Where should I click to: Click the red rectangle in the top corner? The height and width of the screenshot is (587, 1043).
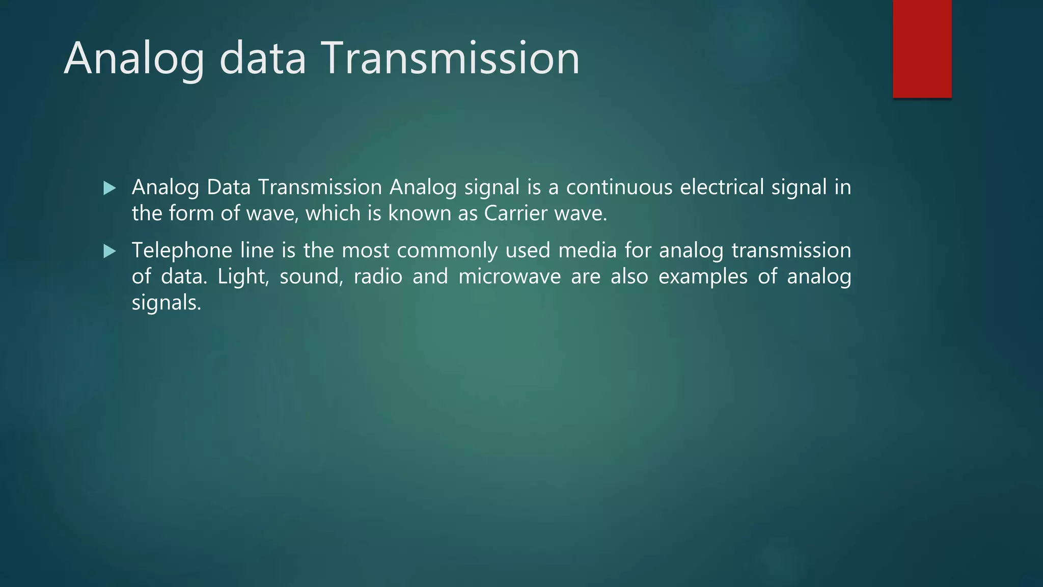[922, 49]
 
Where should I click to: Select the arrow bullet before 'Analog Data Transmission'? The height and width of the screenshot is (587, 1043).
[109, 189]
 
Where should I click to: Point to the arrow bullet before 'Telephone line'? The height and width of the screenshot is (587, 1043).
[109, 251]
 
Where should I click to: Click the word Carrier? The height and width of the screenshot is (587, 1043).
[515, 214]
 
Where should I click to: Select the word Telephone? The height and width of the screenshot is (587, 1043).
[182, 251]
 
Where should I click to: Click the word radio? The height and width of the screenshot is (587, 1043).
[378, 277]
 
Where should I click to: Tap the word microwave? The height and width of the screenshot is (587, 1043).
[509, 277]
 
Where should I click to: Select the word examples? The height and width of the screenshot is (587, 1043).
[703, 277]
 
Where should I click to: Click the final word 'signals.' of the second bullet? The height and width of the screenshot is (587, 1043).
[167, 303]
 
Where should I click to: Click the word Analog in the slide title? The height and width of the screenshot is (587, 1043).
[134, 59]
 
